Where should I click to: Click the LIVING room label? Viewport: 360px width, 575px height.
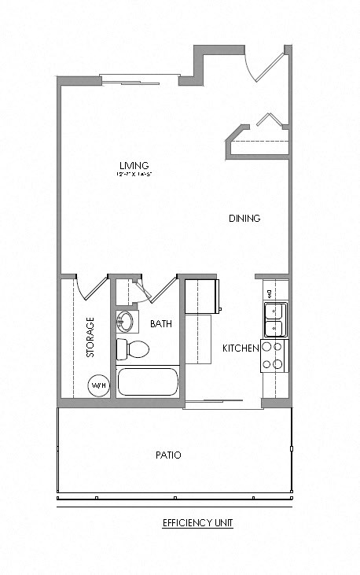[x=134, y=164]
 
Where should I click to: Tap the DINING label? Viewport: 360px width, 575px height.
[x=244, y=218]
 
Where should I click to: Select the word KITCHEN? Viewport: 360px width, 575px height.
[x=241, y=348]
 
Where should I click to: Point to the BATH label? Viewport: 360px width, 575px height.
[x=161, y=323]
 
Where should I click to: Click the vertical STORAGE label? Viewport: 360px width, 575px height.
[x=90, y=337]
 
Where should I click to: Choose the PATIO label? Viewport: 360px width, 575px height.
[x=167, y=455]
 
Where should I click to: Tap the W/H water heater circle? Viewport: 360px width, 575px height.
[x=98, y=385]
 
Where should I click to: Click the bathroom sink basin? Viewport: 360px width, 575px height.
[x=126, y=321]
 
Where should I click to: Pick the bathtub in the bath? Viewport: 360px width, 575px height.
[x=148, y=382]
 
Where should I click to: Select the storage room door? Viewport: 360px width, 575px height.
[x=90, y=287]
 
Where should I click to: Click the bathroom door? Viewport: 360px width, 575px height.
[x=160, y=289]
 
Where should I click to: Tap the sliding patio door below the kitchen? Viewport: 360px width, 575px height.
[x=223, y=404]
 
